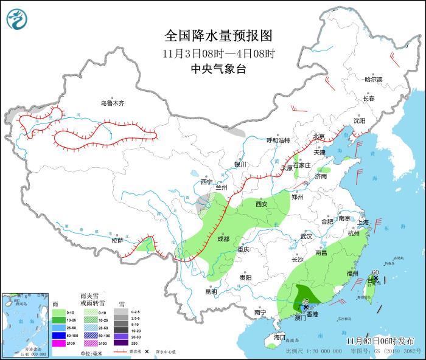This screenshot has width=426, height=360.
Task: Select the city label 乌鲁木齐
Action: (x=113, y=103)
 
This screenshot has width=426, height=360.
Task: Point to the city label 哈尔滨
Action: (x=373, y=80)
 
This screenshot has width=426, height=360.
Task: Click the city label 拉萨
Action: (x=117, y=240)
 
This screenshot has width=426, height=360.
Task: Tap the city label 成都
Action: (x=222, y=239)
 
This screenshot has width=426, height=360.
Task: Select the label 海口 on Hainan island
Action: (x=279, y=337)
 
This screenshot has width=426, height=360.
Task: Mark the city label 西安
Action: (x=262, y=204)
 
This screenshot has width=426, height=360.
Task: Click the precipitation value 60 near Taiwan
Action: (x=375, y=272)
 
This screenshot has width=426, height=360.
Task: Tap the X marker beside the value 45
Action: (x=306, y=309)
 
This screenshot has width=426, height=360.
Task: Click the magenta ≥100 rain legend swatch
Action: (x=56, y=343)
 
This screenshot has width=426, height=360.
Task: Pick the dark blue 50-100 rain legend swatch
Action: (x=56, y=335)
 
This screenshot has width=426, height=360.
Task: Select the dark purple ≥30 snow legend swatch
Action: (x=119, y=343)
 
